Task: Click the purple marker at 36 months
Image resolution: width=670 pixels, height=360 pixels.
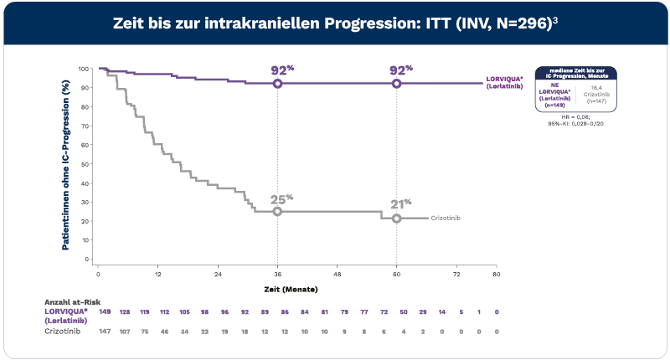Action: (277, 84)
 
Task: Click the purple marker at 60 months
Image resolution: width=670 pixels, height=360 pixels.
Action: (396, 84)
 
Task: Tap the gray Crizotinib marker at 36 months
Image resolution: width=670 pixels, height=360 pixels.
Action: (277, 212)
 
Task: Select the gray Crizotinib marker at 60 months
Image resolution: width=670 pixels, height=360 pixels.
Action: (396, 219)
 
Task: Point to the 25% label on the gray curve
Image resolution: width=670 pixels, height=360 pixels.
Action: (281, 199)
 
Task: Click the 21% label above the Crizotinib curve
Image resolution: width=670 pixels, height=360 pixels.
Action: (401, 203)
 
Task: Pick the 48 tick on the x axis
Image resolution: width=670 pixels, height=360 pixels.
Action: (337, 275)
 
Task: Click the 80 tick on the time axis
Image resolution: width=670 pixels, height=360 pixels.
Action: (496, 275)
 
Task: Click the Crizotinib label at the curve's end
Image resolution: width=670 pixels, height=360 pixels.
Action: (446, 218)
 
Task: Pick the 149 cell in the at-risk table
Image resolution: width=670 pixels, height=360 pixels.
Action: (106, 312)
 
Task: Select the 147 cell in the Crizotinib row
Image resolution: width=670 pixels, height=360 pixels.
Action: (106, 332)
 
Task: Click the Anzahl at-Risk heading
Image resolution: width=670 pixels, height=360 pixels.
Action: (70, 301)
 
